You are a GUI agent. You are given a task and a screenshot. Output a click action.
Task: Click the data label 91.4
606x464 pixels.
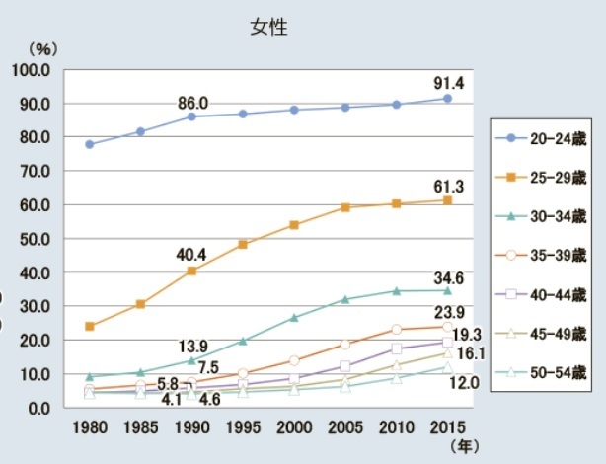coord(448,81)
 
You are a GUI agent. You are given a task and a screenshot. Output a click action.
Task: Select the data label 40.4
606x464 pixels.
coord(192,254)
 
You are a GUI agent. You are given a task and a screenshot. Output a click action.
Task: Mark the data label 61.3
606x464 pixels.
coord(449,186)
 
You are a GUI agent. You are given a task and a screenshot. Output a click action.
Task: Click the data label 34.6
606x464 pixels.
coord(449,275)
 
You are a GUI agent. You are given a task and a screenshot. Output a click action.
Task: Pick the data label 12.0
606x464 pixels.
coord(464,382)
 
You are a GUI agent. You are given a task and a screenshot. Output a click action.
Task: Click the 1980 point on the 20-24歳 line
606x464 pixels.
coord(90,144)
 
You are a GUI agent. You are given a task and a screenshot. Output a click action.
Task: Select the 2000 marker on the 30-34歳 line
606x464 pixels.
coord(294,318)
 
